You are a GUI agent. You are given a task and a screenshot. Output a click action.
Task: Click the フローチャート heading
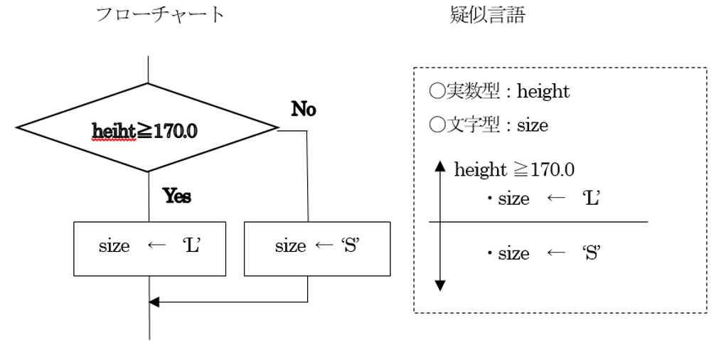(x=160, y=15)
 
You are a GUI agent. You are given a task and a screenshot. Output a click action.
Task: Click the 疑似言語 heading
(x=488, y=15)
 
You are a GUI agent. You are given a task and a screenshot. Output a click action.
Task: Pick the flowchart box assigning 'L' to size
(x=149, y=248)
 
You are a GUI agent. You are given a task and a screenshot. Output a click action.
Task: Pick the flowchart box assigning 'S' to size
(x=316, y=248)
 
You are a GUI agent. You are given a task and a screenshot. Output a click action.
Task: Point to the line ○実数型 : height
(x=500, y=92)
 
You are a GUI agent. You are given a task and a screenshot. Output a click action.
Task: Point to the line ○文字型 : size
(x=489, y=126)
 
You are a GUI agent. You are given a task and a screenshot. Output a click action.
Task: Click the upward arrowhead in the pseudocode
(x=439, y=168)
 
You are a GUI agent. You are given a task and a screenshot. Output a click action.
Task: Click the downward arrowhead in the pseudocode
(x=439, y=285)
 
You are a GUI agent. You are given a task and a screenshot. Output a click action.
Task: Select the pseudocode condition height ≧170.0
(x=514, y=170)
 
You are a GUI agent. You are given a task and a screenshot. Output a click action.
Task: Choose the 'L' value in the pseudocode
(x=592, y=198)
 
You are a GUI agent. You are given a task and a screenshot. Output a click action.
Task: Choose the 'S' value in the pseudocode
(x=592, y=253)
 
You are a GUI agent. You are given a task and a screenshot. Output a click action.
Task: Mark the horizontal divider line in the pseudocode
(x=538, y=222)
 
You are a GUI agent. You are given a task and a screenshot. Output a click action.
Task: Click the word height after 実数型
(x=543, y=92)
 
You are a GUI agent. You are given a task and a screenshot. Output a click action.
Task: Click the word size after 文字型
(x=533, y=126)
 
